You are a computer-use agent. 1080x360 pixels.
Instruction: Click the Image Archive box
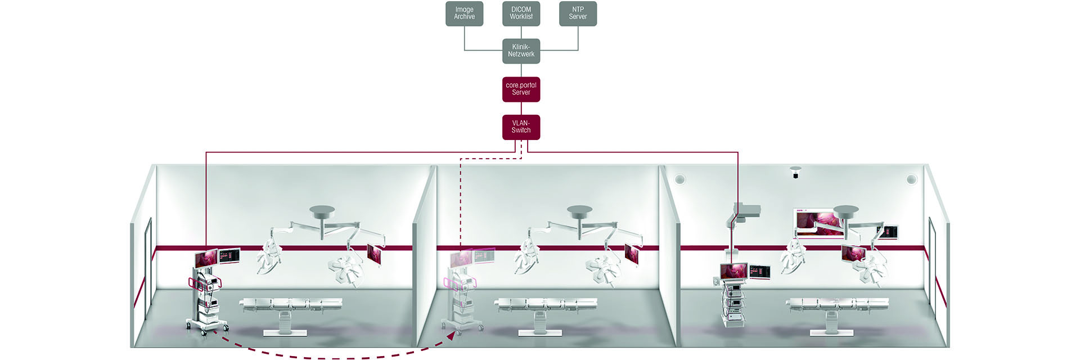(x=464, y=13)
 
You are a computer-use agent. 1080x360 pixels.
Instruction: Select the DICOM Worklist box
(x=521, y=13)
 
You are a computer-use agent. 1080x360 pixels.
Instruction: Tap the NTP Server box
(x=578, y=13)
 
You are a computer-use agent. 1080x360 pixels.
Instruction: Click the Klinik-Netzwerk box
(x=521, y=51)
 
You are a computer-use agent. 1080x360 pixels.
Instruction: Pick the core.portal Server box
(x=521, y=89)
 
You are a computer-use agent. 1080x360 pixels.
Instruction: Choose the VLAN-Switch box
(x=521, y=127)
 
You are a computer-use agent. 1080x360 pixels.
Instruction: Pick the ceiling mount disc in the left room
(x=322, y=212)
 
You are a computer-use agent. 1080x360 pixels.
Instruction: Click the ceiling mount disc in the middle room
(x=579, y=212)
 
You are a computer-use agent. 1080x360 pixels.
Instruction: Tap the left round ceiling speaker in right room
(x=679, y=179)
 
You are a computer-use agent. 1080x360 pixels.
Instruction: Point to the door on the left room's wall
(x=148, y=264)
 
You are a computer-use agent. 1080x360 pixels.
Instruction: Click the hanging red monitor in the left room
(x=374, y=254)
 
